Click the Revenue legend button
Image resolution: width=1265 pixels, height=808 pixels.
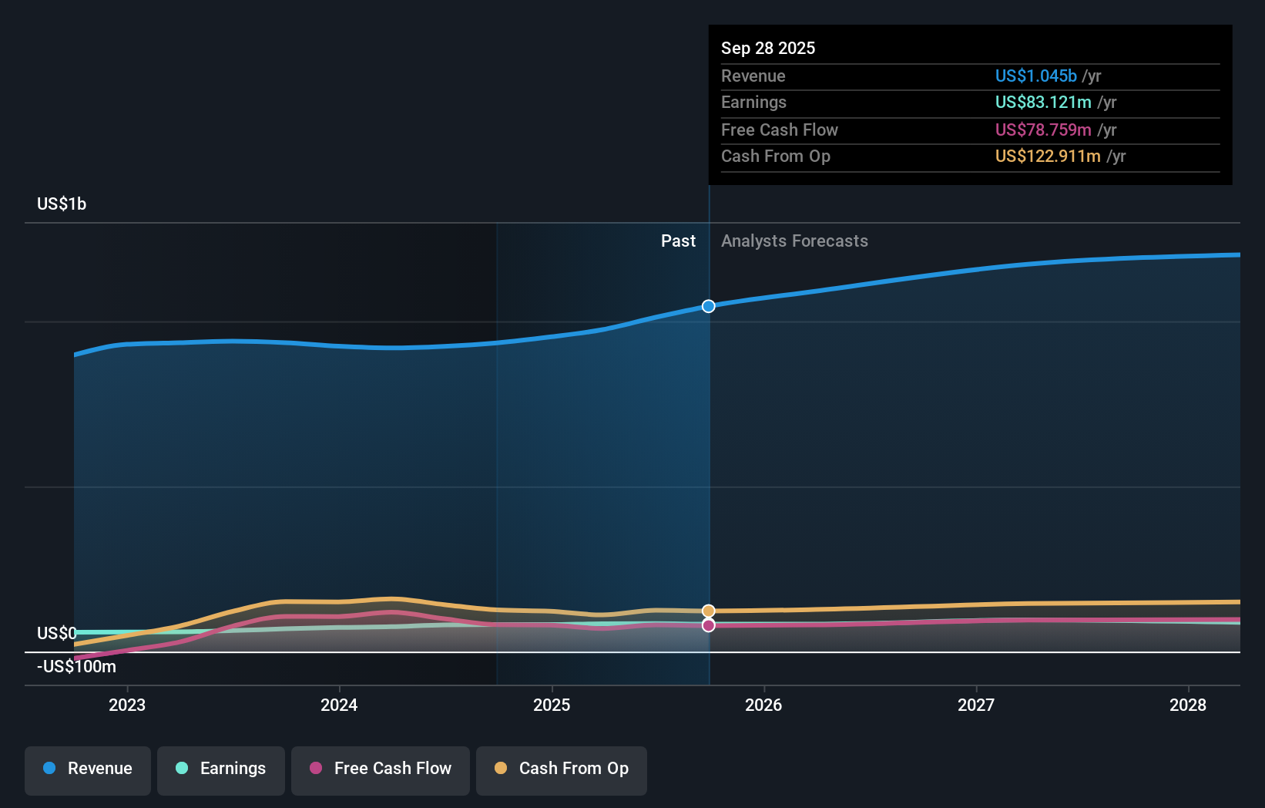88,769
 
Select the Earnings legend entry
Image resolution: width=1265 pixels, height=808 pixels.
221,769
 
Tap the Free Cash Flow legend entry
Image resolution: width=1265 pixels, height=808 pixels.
381,769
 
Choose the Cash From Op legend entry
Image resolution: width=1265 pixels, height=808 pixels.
562,769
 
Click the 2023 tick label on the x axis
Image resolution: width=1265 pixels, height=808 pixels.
127,705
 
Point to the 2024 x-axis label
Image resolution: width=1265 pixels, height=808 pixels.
339,705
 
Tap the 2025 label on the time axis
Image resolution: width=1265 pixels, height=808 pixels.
552,705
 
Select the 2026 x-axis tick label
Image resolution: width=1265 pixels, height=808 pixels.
763,705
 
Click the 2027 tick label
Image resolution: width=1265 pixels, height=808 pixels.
976,705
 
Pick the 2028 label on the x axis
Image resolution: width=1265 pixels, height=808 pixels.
1188,705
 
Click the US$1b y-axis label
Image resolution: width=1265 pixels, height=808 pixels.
62,204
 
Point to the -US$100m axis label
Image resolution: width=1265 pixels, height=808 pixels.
76,667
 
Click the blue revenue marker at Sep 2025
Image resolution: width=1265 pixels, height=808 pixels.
709,306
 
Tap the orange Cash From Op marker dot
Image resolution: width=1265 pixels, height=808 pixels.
709,611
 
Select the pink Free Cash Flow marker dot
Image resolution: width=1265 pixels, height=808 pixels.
709,625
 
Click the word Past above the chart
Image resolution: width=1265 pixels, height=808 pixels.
678,241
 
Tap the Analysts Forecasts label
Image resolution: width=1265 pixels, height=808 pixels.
794,241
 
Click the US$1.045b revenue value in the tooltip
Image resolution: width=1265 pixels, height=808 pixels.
1035,76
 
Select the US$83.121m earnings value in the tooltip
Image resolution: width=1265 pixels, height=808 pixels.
1042,103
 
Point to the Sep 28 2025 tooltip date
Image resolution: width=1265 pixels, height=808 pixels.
768,49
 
